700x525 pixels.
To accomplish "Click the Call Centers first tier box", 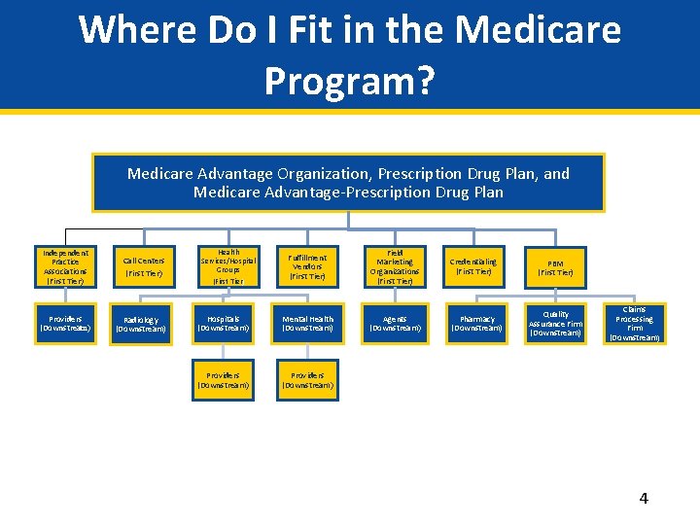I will click(144, 266).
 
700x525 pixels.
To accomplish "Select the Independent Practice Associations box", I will click(65, 266).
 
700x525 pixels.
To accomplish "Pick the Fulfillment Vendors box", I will click(307, 266).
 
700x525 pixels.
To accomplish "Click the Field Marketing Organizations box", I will click(395, 266).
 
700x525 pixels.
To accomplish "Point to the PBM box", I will click(555, 266).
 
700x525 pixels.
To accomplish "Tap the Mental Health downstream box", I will click(307, 324).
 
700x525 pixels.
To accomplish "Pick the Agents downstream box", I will click(395, 324).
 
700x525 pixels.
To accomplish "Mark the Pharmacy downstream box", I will click(476, 324).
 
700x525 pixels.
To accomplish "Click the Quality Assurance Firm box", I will click(555, 324).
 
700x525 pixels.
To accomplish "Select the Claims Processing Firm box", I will click(634, 324).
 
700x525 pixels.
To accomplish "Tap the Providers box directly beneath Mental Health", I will click(307, 380).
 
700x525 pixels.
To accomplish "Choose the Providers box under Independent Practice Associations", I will click(65, 324).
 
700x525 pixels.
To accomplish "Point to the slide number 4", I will click(643, 499).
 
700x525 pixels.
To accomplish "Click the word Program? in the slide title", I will click(349, 82).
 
